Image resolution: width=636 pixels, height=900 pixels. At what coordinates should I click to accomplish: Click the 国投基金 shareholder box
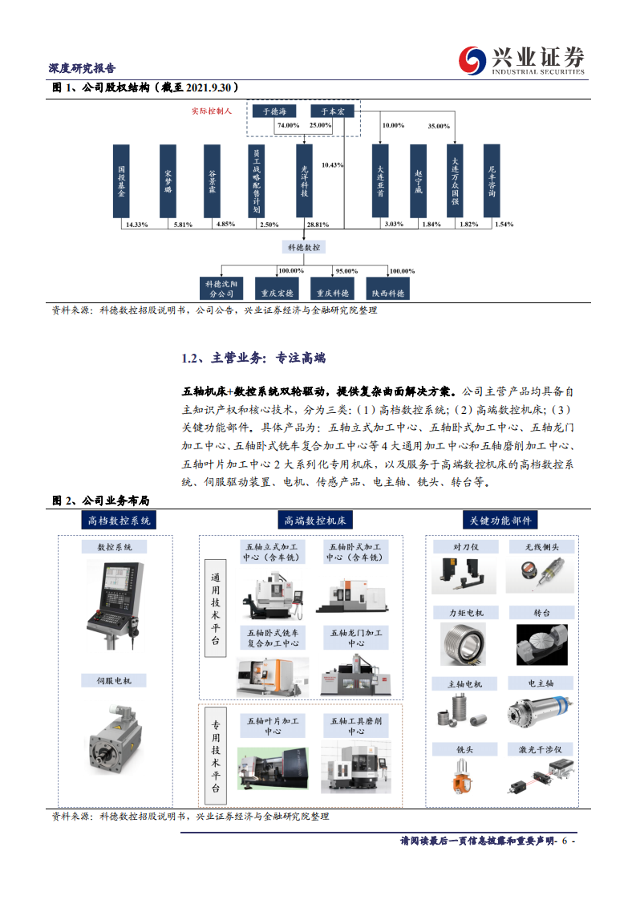click(121, 180)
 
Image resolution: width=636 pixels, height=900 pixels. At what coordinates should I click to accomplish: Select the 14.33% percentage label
click(137, 225)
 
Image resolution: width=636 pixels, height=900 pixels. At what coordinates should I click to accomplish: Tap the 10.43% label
click(332, 164)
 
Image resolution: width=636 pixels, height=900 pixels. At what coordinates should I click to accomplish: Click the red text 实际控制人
click(211, 111)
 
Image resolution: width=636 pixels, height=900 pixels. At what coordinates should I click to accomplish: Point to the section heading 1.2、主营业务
click(253, 358)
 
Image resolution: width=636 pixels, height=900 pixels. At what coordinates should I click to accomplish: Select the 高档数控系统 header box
click(119, 520)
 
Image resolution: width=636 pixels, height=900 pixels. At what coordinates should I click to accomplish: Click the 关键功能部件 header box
click(502, 520)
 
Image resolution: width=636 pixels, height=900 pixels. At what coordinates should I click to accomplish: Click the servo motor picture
click(115, 738)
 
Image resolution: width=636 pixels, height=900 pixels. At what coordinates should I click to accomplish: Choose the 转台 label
click(541, 612)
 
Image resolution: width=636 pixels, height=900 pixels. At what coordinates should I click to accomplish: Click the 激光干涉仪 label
click(541, 749)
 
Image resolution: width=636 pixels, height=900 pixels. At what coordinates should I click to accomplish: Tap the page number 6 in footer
click(565, 841)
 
